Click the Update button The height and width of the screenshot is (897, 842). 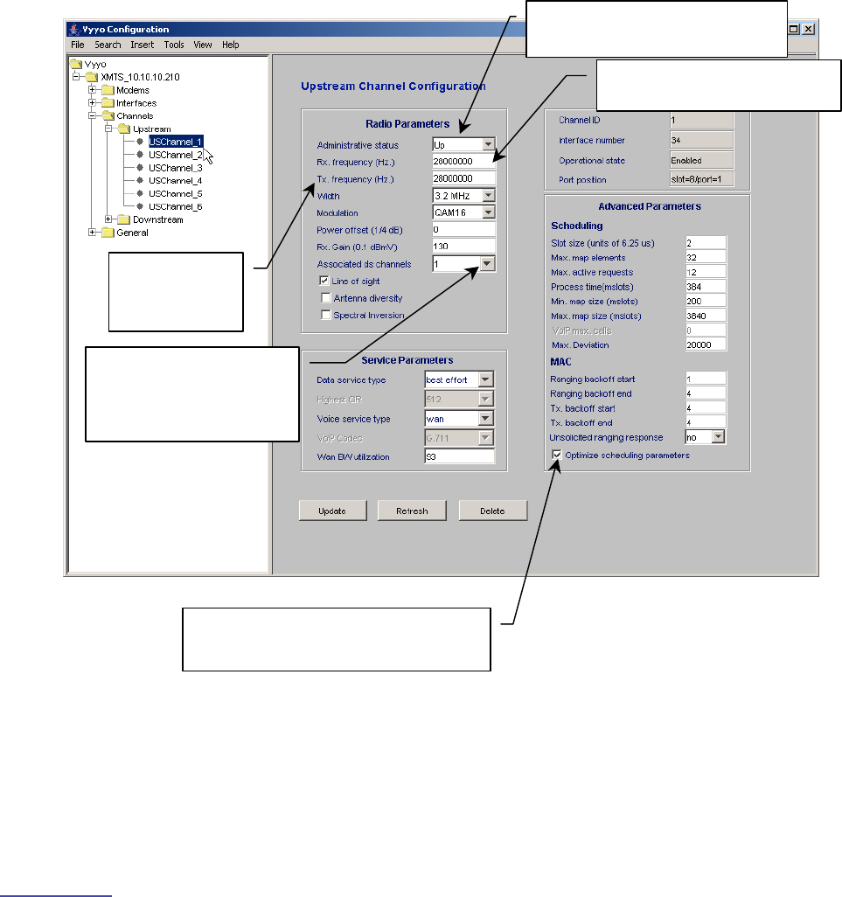tap(331, 511)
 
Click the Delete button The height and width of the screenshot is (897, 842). tap(492, 511)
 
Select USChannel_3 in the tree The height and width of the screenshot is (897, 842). tap(175, 167)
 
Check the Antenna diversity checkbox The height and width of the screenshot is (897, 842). tap(326, 298)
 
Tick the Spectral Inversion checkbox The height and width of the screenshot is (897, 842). tap(326, 315)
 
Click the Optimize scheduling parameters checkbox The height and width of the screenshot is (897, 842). tap(557, 455)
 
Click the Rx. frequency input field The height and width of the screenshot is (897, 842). tap(463, 162)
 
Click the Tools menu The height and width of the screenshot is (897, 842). tap(174, 45)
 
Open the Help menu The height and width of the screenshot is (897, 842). tap(230, 45)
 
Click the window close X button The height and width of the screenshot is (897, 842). tap(809, 29)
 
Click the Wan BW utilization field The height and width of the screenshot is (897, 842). tap(458, 456)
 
